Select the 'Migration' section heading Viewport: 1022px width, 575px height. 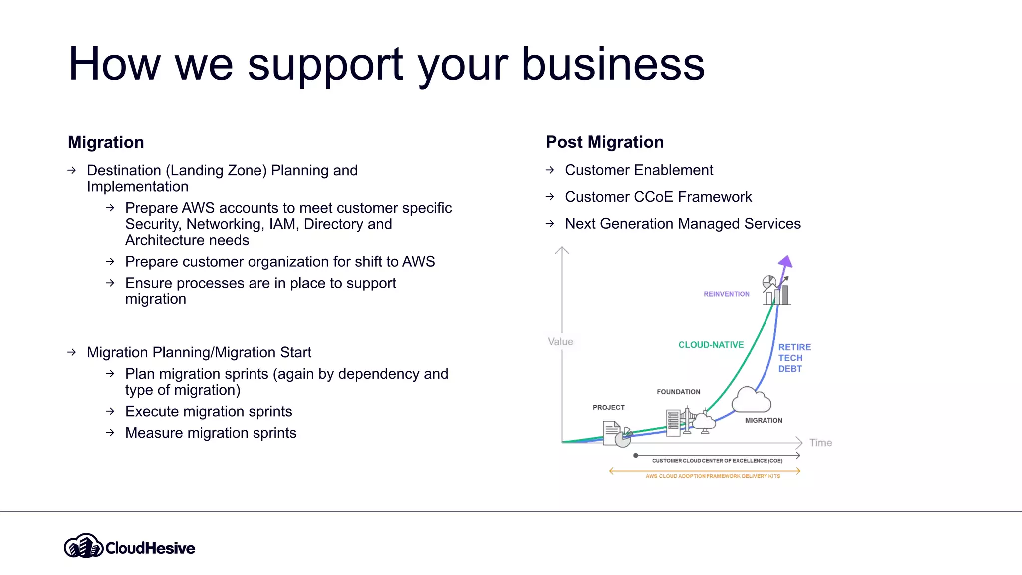[x=106, y=142]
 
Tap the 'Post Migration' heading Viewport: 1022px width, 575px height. [x=605, y=142]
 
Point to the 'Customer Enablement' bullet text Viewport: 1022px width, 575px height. [x=639, y=170]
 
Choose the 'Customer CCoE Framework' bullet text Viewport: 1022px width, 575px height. [x=658, y=197]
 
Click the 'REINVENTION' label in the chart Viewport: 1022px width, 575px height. [x=726, y=294]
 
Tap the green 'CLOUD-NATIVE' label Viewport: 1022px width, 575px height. [x=711, y=345]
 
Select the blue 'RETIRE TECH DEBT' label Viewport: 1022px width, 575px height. [x=793, y=358]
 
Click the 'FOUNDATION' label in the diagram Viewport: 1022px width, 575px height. [x=678, y=392]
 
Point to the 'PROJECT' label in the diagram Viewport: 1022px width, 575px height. [x=608, y=407]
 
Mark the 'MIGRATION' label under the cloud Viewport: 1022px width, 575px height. [x=764, y=420]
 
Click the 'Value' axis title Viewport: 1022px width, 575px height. [x=560, y=342]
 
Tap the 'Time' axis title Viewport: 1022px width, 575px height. [x=820, y=443]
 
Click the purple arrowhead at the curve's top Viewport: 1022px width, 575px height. [x=786, y=261]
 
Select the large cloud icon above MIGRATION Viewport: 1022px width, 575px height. [x=751, y=400]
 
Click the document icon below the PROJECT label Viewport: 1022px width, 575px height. [x=612, y=432]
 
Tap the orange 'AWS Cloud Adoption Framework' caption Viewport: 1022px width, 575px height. [x=712, y=476]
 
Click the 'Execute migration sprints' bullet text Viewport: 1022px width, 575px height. [x=209, y=411]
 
